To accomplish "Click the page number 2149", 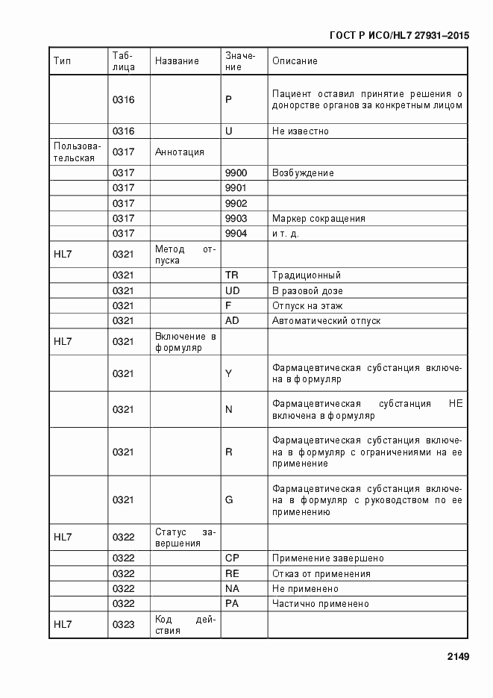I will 457,657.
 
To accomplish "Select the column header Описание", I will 295,61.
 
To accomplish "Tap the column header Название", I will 177,61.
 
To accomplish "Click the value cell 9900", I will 236,173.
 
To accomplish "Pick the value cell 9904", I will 236,233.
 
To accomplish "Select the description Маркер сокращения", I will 318,219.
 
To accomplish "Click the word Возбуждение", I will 303,173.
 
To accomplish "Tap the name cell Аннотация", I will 179,152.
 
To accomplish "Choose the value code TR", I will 232,275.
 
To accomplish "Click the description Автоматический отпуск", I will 326,320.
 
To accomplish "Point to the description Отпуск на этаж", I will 307,305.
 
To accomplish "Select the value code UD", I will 232,290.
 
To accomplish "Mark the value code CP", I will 232,558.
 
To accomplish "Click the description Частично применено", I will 321,603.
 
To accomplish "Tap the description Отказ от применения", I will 321,573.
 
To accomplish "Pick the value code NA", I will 232,588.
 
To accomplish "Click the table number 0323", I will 124,624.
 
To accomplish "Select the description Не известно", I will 301,131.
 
